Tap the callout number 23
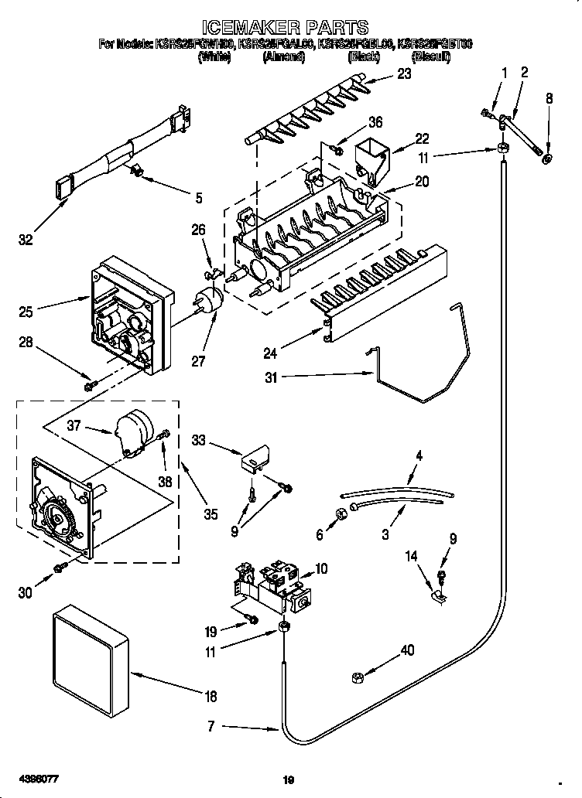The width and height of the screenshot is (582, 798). [404, 75]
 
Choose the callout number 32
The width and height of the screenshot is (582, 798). [26, 240]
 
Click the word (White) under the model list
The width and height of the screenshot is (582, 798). [214, 57]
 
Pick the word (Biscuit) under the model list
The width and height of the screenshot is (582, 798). [431, 57]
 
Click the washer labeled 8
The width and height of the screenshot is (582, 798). [548, 159]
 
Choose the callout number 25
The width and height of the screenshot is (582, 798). [26, 312]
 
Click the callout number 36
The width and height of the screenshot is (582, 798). [375, 121]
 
